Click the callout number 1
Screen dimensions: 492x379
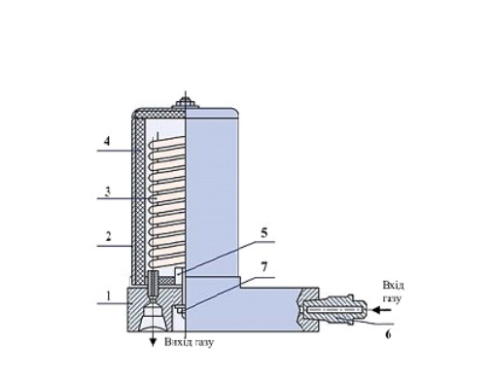point(109,295)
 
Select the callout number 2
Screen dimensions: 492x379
point(109,236)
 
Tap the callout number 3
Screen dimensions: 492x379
point(108,191)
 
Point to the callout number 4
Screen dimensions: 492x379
point(107,142)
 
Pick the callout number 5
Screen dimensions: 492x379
point(264,233)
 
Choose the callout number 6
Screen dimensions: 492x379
point(388,334)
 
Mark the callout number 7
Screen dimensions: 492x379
point(264,267)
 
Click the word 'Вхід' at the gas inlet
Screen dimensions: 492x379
point(393,286)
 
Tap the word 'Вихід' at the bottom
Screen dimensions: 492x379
point(177,342)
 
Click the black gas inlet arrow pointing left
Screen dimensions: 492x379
point(382,310)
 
